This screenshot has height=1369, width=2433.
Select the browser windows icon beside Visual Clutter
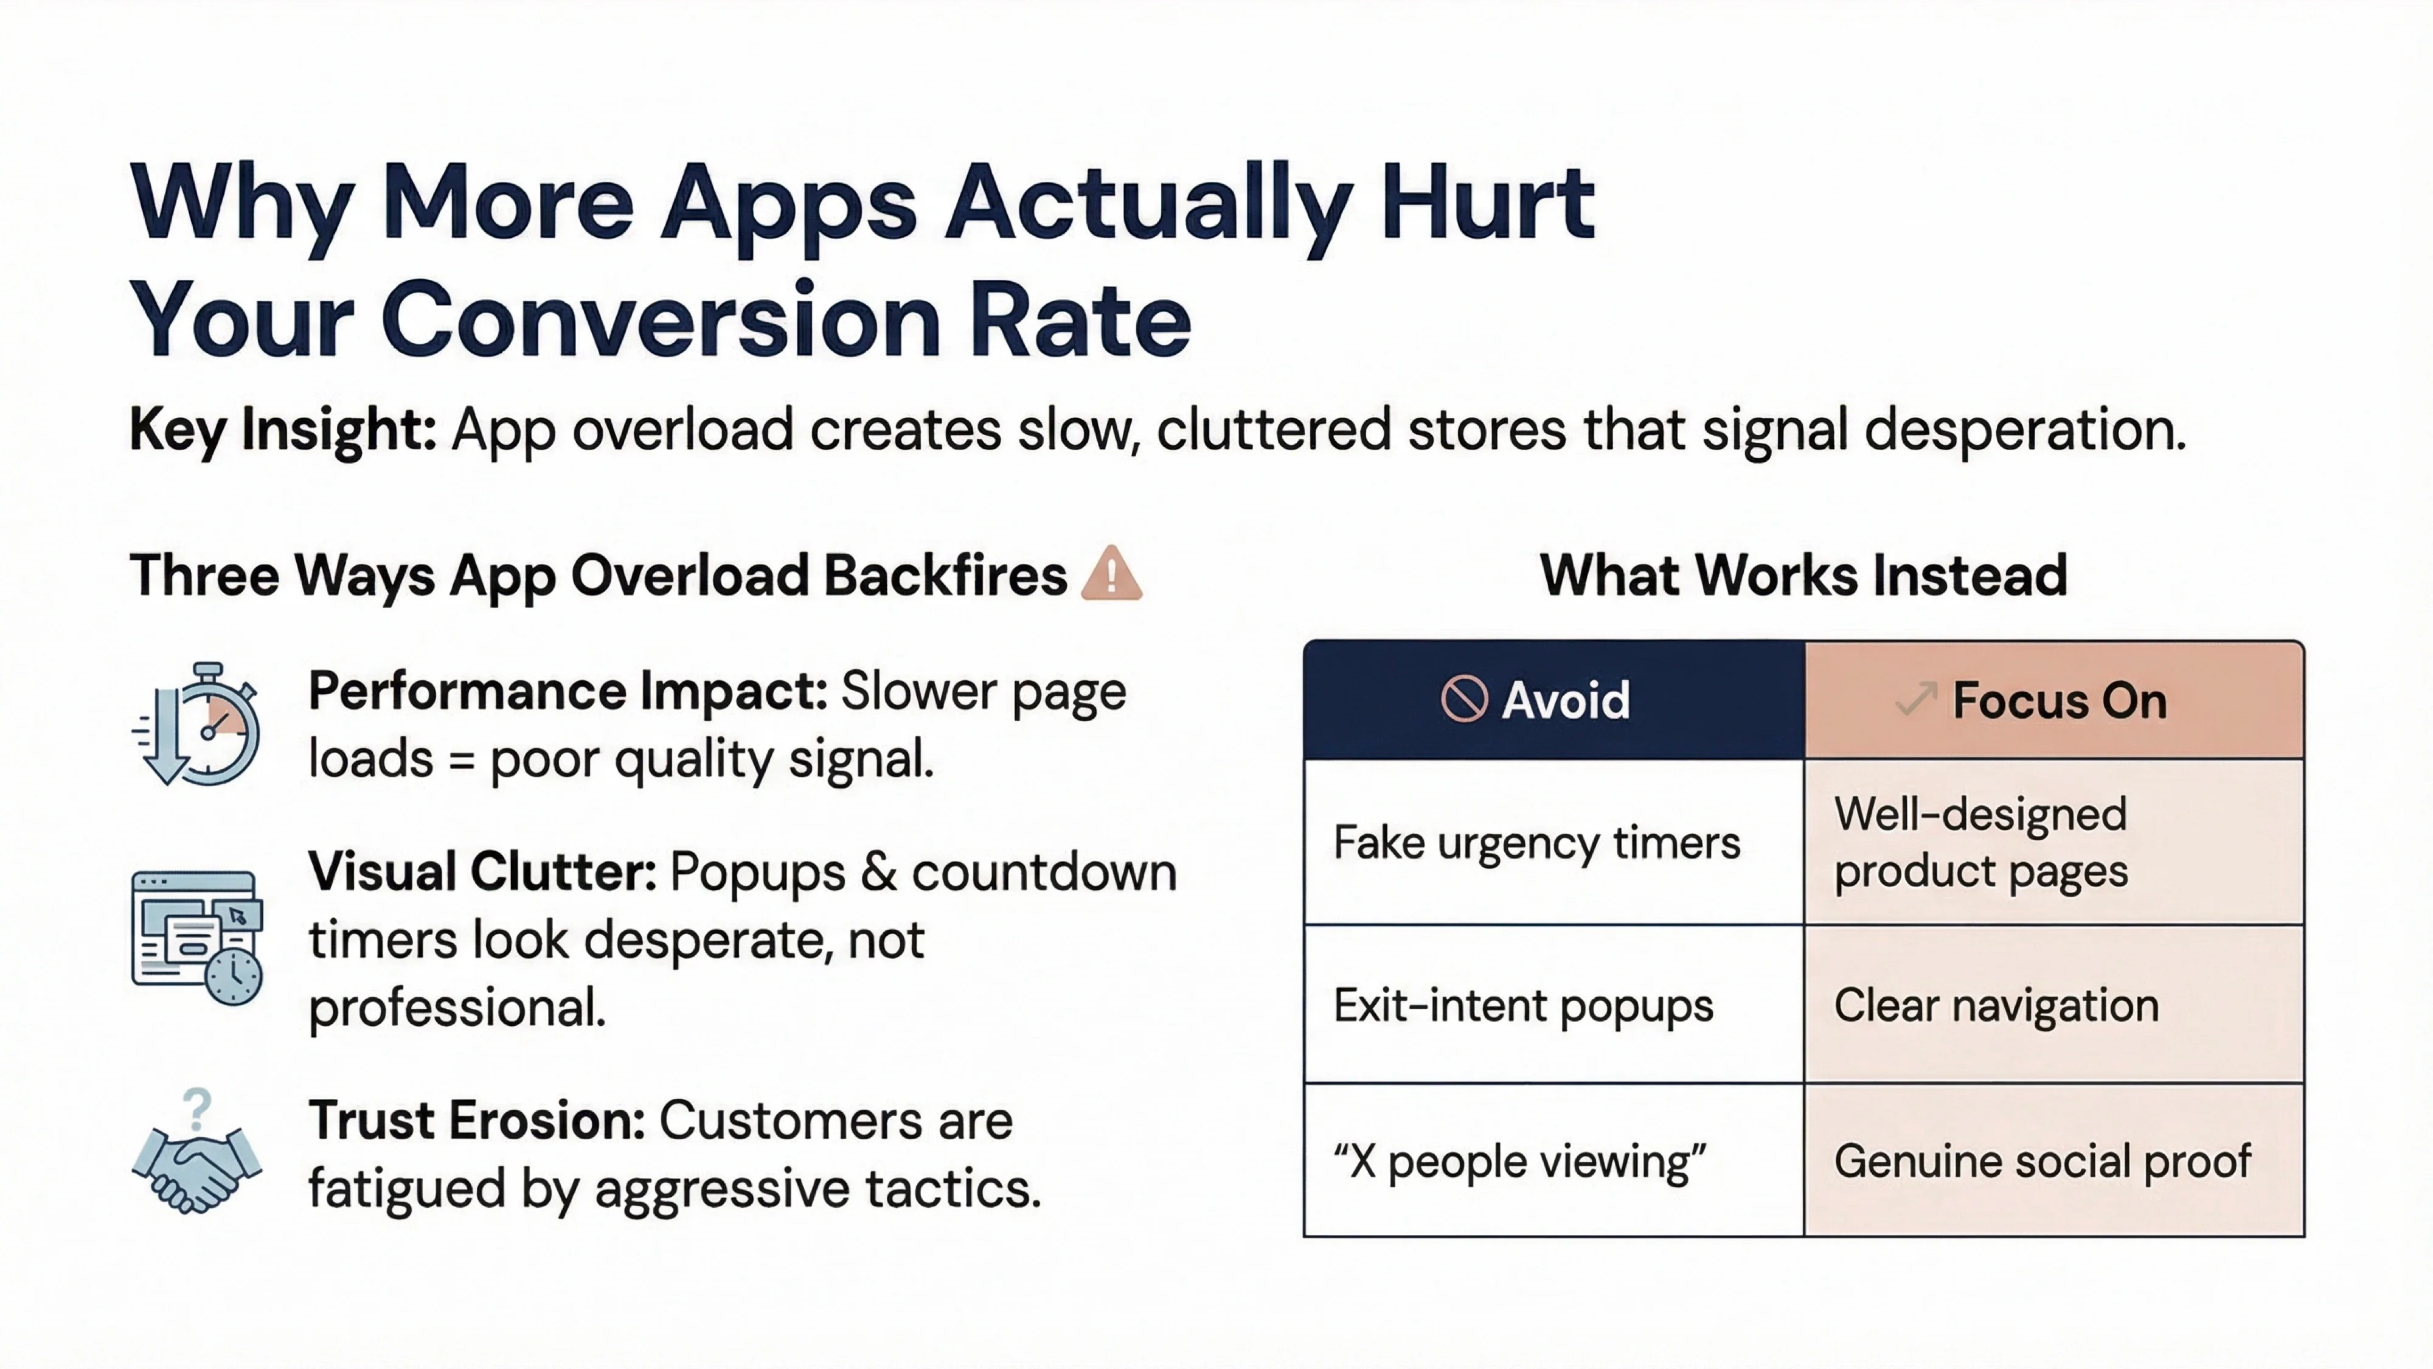(x=196, y=937)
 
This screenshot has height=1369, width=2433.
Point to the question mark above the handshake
(x=196, y=1108)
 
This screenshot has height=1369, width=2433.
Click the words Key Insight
(x=282, y=430)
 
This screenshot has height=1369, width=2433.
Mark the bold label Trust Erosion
(x=477, y=1121)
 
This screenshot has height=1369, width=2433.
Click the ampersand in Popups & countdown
(x=878, y=872)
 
